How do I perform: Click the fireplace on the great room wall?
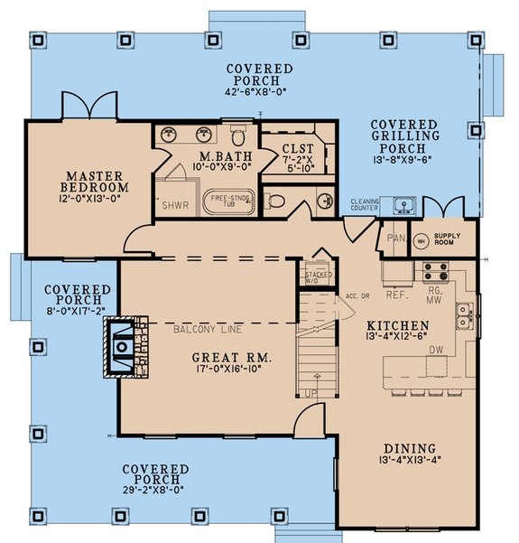[x=122, y=347]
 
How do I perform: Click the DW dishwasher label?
[x=435, y=348]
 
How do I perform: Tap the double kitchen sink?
[x=463, y=315]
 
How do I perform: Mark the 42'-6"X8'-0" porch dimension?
[x=259, y=90]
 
